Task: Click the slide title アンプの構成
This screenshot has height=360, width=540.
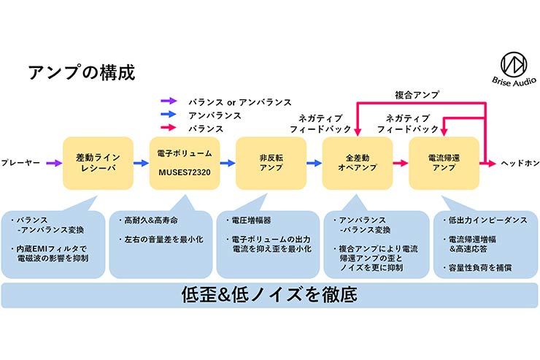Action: pyautogui.click(x=80, y=72)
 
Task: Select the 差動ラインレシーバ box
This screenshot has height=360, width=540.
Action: pyautogui.click(x=98, y=163)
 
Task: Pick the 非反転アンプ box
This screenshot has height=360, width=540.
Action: pyautogui.click(x=271, y=163)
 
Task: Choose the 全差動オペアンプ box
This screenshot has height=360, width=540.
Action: pyautogui.click(x=358, y=163)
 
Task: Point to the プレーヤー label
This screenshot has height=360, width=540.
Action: pyautogui.click(x=20, y=164)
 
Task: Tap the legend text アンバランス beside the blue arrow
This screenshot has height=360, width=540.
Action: pyautogui.click(x=214, y=115)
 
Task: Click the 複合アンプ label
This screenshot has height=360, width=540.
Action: pyautogui.click(x=417, y=94)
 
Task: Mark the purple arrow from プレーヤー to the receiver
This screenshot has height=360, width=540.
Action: pyautogui.click(x=53, y=164)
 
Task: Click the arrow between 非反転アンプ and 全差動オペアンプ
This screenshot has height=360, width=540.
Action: pyautogui.click(x=315, y=164)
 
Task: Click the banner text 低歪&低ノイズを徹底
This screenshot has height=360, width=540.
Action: pyautogui.click(x=269, y=296)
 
